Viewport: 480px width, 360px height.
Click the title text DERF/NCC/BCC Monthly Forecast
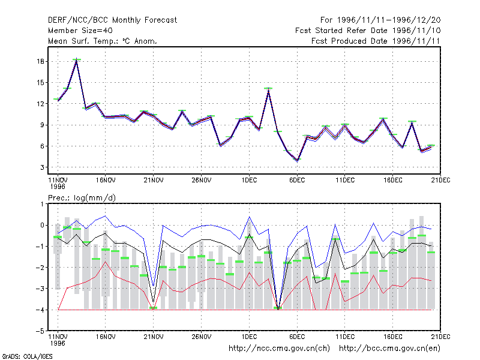point(112,20)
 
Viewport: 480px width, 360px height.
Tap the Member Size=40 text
point(80,31)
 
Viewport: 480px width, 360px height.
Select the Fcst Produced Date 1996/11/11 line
point(376,41)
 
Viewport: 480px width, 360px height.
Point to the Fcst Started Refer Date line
point(368,31)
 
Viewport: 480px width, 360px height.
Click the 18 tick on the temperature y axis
point(40,62)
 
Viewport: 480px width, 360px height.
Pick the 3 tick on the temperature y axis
point(42,167)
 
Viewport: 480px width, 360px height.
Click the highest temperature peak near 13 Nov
point(77,61)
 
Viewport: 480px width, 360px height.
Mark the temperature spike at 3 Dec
point(268,89)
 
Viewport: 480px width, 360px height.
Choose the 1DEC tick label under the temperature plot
point(249,181)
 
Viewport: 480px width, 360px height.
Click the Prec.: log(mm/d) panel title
point(82,198)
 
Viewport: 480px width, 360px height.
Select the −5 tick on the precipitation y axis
point(40,331)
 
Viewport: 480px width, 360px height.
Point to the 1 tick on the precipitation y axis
point(42,204)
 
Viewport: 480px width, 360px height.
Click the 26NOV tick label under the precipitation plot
point(201,337)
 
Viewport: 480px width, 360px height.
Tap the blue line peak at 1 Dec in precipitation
point(249,217)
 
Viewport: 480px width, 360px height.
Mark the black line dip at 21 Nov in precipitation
point(154,302)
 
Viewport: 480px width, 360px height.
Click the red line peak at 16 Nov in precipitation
point(106,262)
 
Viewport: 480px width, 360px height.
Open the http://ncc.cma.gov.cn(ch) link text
point(279,349)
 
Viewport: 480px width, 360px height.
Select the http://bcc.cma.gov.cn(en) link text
point(389,349)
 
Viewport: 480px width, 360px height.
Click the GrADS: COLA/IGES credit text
point(27,356)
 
